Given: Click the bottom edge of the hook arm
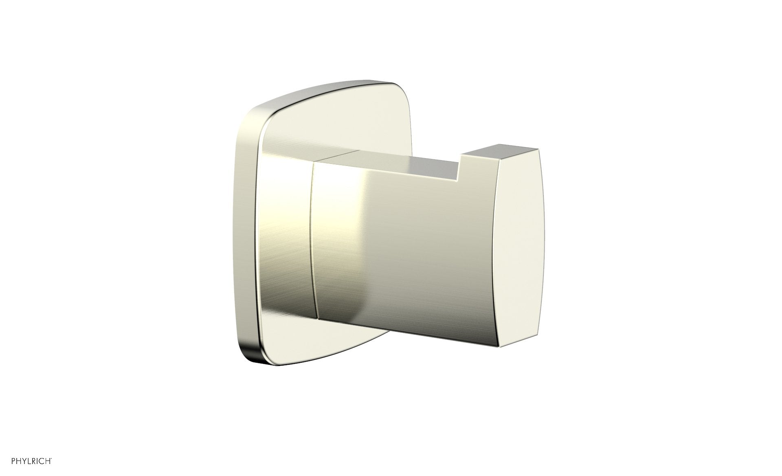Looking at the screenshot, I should point(407,328).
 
